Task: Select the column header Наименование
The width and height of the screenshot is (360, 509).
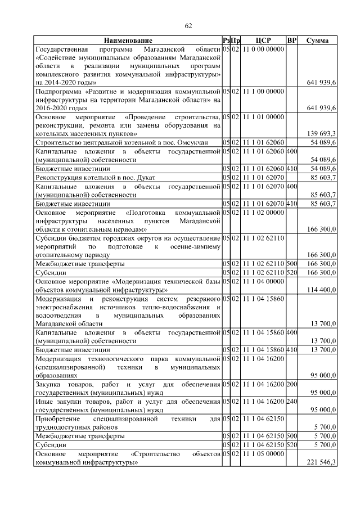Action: click(127, 41)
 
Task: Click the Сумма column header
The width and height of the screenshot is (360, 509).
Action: click(318, 41)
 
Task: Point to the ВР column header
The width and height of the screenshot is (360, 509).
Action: click(291, 41)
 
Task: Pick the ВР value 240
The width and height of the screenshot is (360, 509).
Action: click(291, 401)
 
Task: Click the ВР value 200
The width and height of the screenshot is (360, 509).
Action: click(291, 384)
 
